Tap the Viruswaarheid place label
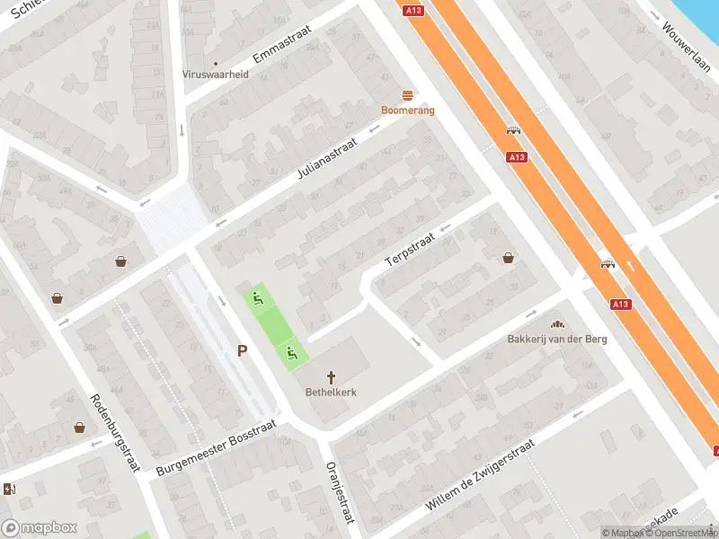(216, 75)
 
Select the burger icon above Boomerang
(408, 95)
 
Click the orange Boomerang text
(408, 110)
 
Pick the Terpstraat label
(409, 245)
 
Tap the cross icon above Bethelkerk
(331, 378)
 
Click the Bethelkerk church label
(331, 393)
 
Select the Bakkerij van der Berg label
(557, 339)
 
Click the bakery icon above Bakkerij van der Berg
(557, 323)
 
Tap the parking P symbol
(242, 351)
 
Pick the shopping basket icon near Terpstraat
(509, 258)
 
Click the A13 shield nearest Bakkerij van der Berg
(620, 305)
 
